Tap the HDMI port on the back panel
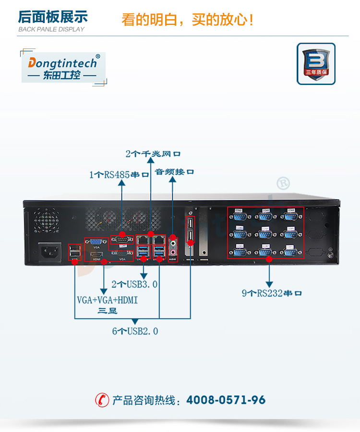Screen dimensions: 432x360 coord(96,253)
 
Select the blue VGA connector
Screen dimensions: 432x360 coord(96,242)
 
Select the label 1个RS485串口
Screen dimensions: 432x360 coord(119,175)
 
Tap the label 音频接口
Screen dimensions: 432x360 coord(175,171)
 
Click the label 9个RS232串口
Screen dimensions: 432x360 coord(272,293)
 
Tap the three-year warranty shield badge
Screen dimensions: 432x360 coord(316,64)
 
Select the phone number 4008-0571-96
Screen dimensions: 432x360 coord(226,400)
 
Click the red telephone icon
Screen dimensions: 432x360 coord(102,399)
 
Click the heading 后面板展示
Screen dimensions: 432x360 coord(53,17)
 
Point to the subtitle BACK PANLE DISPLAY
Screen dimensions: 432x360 coord(51,29)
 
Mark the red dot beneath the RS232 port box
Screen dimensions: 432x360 coord(269,259)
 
